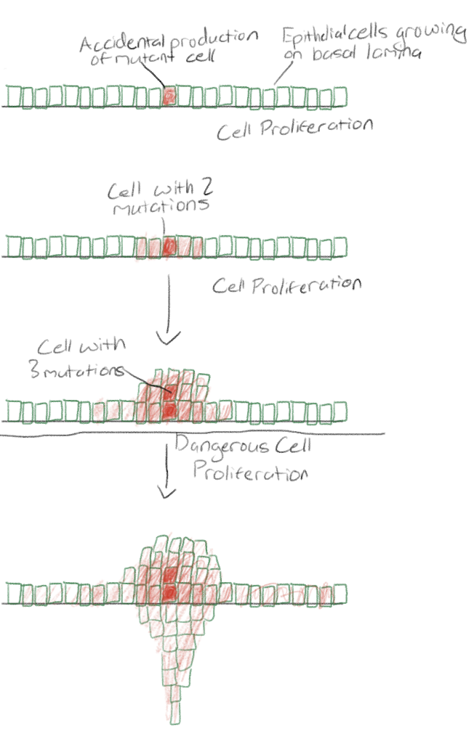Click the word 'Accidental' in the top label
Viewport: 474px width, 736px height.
click(x=121, y=43)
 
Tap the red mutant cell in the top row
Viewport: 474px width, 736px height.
click(x=169, y=95)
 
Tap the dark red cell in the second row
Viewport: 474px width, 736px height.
click(x=169, y=247)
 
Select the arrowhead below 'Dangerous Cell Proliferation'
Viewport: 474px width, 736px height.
click(x=168, y=494)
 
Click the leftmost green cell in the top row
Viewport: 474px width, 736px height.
click(x=13, y=96)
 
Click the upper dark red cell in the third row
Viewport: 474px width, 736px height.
click(x=169, y=395)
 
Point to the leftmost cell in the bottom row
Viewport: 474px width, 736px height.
click(x=13, y=594)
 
